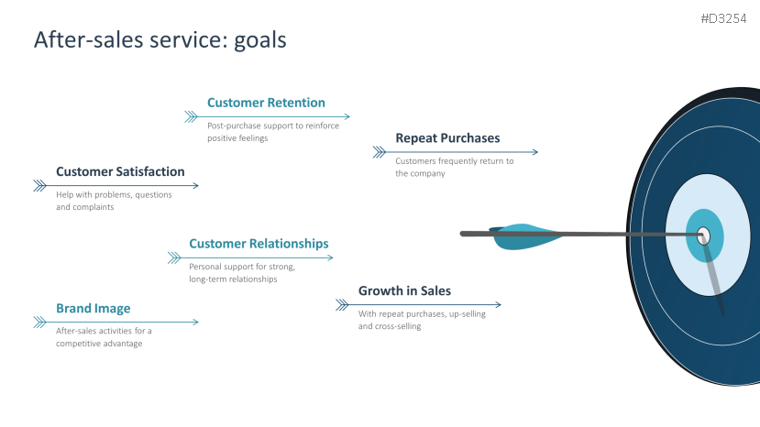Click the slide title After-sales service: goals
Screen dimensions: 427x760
pyautogui.click(x=160, y=40)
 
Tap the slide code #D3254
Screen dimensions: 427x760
pyautogui.click(x=723, y=19)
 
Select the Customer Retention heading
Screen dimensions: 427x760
pyautogui.click(x=266, y=103)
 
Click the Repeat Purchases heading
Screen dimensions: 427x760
pyautogui.click(x=447, y=138)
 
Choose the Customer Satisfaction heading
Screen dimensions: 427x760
pyautogui.click(x=120, y=171)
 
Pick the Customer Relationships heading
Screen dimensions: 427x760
pyautogui.click(x=259, y=244)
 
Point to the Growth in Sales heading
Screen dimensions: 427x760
pyautogui.click(x=404, y=291)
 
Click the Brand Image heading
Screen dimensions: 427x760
pyautogui.click(x=93, y=309)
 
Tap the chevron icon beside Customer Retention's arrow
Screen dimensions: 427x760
pyautogui.click(x=191, y=116)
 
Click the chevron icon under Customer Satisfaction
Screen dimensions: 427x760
pyautogui.click(x=39, y=185)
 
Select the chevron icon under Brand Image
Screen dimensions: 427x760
pyautogui.click(x=39, y=322)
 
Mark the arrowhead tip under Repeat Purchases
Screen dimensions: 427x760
pyautogui.click(x=535, y=152)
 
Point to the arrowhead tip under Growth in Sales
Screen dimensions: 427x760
pyautogui.click(x=499, y=304)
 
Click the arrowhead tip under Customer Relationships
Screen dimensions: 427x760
pyautogui.click(x=330, y=257)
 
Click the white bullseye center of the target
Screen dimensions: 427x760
pyautogui.click(x=703, y=235)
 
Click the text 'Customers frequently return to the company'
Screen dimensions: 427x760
pyautogui.click(x=454, y=167)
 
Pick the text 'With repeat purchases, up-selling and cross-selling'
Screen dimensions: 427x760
pyautogui.click(x=422, y=320)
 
